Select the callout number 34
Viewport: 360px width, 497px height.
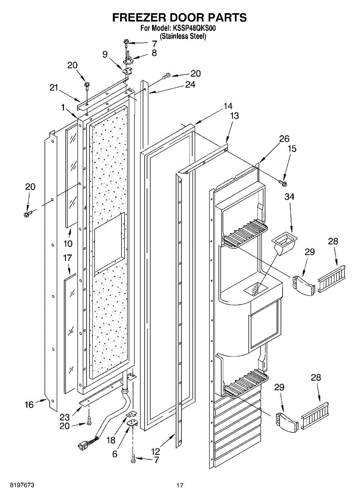(289, 197)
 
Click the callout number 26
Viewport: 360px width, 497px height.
(284, 139)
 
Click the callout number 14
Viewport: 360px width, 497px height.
(228, 106)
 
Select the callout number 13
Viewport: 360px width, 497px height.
(234, 116)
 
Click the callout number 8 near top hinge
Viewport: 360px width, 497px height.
(154, 53)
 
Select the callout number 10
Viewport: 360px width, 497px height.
(68, 243)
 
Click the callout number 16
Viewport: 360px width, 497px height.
(29, 405)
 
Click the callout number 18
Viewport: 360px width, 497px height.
(110, 440)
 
